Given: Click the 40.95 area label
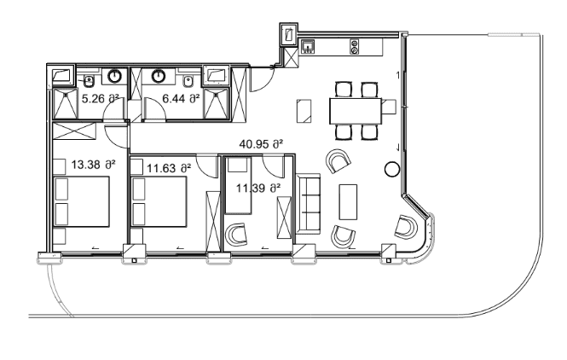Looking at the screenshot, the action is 261,144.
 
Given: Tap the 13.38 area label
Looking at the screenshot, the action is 93,165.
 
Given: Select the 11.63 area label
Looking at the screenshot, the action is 169,168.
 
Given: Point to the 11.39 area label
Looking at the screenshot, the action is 258,189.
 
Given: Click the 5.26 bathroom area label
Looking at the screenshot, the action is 101,99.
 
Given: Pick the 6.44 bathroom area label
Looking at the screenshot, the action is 181,98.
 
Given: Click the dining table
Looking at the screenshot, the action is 356,111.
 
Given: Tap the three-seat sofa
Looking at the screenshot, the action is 308,204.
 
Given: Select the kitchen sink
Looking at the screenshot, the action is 308,47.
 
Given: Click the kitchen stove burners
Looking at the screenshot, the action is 355,47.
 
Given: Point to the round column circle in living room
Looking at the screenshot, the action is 391,169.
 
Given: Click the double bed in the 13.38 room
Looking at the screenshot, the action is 81,201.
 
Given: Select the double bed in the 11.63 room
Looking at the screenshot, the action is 159,201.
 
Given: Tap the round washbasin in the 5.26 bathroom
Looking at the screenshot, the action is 115,76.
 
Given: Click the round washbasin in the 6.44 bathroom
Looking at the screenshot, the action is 159,76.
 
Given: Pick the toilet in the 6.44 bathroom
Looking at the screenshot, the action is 188,81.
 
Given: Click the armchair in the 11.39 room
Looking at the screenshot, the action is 236,235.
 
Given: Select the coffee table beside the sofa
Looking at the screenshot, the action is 348,202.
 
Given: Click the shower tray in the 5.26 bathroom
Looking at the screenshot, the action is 65,103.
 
